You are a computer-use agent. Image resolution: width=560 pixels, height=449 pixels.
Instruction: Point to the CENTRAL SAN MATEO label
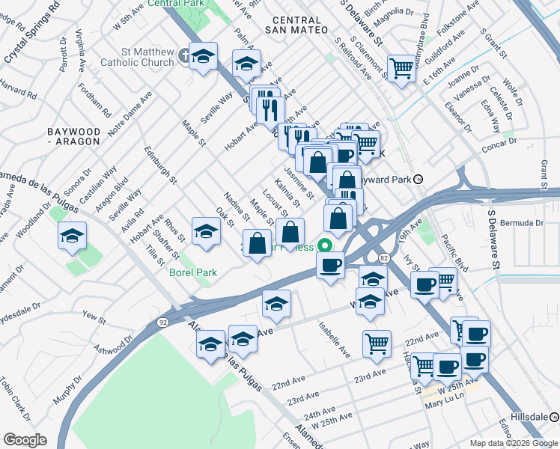click(296, 24)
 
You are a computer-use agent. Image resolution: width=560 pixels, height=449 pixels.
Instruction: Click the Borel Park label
click(192, 272)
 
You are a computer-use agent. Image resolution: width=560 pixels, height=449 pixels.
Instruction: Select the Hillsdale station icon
click(553, 416)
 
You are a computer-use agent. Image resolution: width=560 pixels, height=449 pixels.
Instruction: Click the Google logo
click(25, 439)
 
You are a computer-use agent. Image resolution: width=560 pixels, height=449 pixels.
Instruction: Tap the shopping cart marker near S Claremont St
click(402, 68)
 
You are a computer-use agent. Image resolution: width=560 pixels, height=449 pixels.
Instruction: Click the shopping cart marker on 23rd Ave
click(377, 343)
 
